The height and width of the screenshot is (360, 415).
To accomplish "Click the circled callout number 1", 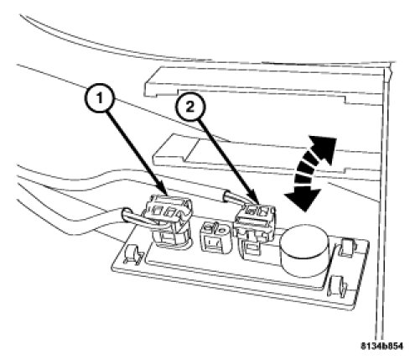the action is coord(99,98).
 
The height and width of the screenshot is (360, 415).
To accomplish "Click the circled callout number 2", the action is coord(190,107).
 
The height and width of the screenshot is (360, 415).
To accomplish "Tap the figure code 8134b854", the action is coord(381,346).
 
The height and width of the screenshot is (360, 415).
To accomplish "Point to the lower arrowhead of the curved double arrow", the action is coord(303,198).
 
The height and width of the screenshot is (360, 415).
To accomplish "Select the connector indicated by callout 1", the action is coord(169,221).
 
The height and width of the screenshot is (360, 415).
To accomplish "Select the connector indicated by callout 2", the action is coord(254,229).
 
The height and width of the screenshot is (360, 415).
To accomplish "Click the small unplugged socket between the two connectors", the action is coord(215,237).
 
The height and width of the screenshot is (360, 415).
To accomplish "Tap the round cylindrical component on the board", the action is coord(304,250).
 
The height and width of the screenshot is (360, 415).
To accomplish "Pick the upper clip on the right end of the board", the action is coord(347,248).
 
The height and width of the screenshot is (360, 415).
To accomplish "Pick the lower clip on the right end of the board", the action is coord(338,287).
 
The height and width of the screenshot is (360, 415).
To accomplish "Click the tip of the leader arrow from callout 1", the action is coord(167,195).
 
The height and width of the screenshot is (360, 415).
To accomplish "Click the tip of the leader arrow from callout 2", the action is coord(257,203).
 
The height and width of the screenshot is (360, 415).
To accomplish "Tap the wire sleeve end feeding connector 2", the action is coord(227,196).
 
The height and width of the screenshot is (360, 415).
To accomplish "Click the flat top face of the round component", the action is coord(304,239).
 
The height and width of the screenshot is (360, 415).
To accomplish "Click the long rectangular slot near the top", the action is coord(262,86).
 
